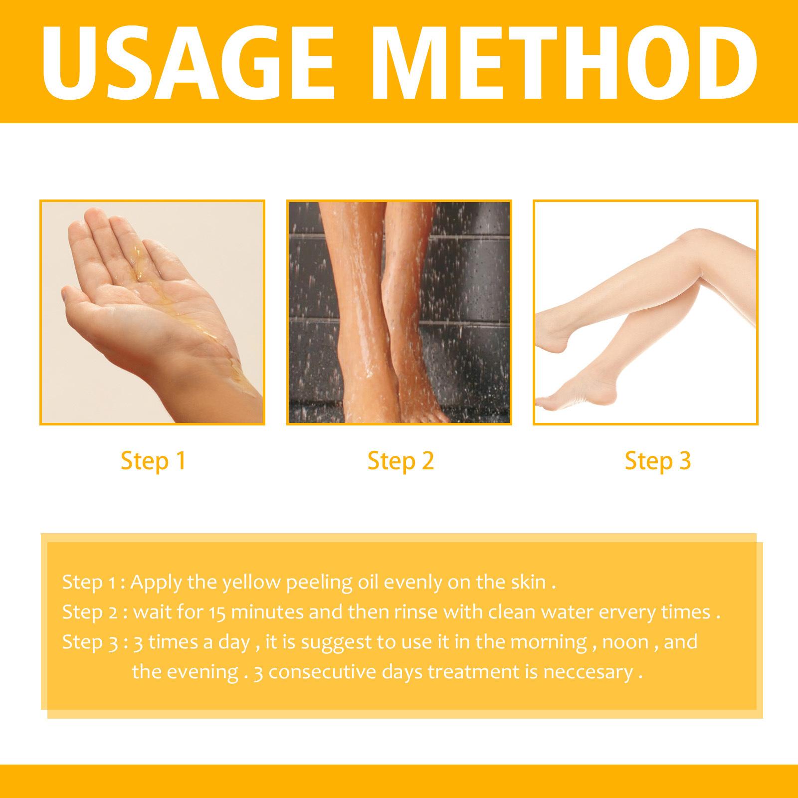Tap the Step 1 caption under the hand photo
coord(153,461)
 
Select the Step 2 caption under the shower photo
coord(400,461)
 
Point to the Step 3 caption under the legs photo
coord(657,461)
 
